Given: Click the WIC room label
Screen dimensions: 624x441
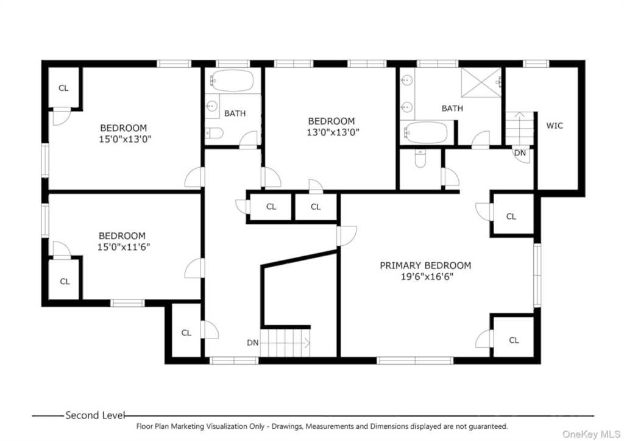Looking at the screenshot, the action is tap(555, 126).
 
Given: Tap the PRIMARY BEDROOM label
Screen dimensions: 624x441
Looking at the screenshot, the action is tap(425, 265).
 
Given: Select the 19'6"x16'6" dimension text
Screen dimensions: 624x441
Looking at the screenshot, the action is tap(427, 276).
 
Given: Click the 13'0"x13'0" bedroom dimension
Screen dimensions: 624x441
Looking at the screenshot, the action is tap(333, 132).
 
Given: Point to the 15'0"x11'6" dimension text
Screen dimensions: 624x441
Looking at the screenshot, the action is tap(124, 247).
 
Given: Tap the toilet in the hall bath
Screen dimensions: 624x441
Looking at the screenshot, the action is tap(214, 133).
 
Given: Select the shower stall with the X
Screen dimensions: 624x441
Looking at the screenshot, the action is tap(481, 82).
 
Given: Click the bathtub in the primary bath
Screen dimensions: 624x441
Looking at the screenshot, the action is tap(425, 132).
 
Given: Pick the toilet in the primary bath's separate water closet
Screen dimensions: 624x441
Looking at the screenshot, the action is tap(420, 159).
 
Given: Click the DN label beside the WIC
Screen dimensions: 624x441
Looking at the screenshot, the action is tap(520, 153).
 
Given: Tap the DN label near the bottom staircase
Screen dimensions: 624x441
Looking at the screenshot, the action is tap(253, 343).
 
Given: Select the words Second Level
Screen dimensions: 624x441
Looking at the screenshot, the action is tap(95, 415).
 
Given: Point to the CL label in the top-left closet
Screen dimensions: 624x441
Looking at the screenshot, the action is tap(63, 88).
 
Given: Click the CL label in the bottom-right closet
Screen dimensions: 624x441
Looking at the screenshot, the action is tap(514, 340).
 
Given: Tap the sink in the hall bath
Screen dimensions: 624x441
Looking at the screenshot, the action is tap(211, 106).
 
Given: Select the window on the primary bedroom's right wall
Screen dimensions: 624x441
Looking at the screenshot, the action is tap(537, 275).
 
